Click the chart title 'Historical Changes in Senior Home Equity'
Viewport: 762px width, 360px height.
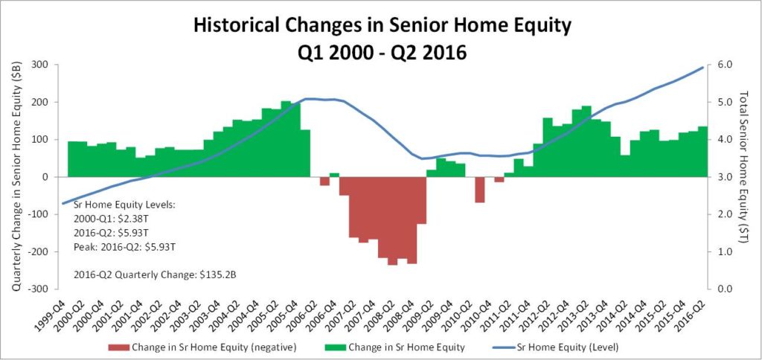pos(382,27)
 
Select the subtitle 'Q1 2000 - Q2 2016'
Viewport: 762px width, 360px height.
pos(382,52)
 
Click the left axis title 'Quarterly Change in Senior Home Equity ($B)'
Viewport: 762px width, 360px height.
pos(16,177)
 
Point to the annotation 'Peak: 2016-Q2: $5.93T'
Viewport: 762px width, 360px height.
pos(125,247)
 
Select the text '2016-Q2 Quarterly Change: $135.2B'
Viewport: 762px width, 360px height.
pos(155,274)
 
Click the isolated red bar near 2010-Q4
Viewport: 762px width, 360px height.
pos(480,190)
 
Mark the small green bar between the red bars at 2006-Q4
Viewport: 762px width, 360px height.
pos(334,175)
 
